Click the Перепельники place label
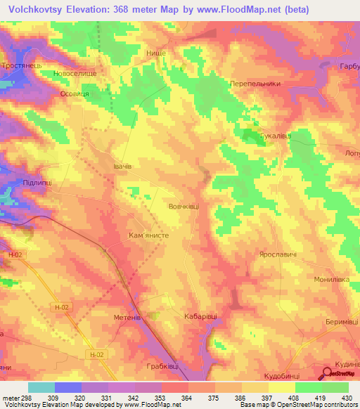(255, 83)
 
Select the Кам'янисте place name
(148, 237)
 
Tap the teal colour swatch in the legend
(41, 387)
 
